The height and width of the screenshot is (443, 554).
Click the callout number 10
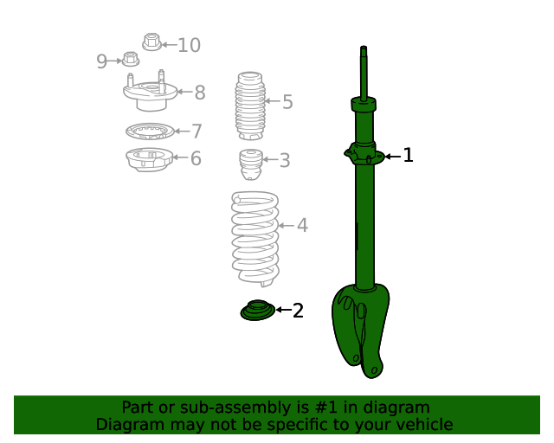pyautogui.click(x=189, y=45)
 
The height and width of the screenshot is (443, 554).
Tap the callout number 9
pyautogui.click(x=101, y=61)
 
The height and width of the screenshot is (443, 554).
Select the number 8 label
pyautogui.click(x=200, y=93)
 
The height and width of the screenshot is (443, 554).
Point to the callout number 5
pyautogui.click(x=287, y=102)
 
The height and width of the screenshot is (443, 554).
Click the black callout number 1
pyautogui.click(x=408, y=155)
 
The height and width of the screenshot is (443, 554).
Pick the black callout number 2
pyautogui.click(x=298, y=311)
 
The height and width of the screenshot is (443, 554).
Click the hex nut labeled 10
pyautogui.click(x=152, y=42)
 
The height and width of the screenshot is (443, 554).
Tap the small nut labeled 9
pyautogui.click(x=131, y=59)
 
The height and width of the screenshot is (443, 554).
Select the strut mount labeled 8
pyautogui.click(x=150, y=91)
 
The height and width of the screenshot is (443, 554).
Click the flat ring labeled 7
pyautogui.click(x=150, y=132)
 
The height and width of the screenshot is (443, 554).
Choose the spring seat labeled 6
pyautogui.click(x=150, y=159)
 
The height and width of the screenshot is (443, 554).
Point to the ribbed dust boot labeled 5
pyautogui.click(x=250, y=106)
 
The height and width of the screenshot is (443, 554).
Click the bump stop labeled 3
pyautogui.click(x=251, y=164)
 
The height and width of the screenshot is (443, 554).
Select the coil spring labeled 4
pyautogui.click(x=255, y=239)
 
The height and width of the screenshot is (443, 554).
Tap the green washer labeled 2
pyautogui.click(x=258, y=310)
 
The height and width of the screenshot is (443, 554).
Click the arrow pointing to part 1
pyautogui.click(x=392, y=156)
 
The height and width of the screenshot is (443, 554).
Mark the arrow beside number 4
pyautogui.click(x=287, y=225)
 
